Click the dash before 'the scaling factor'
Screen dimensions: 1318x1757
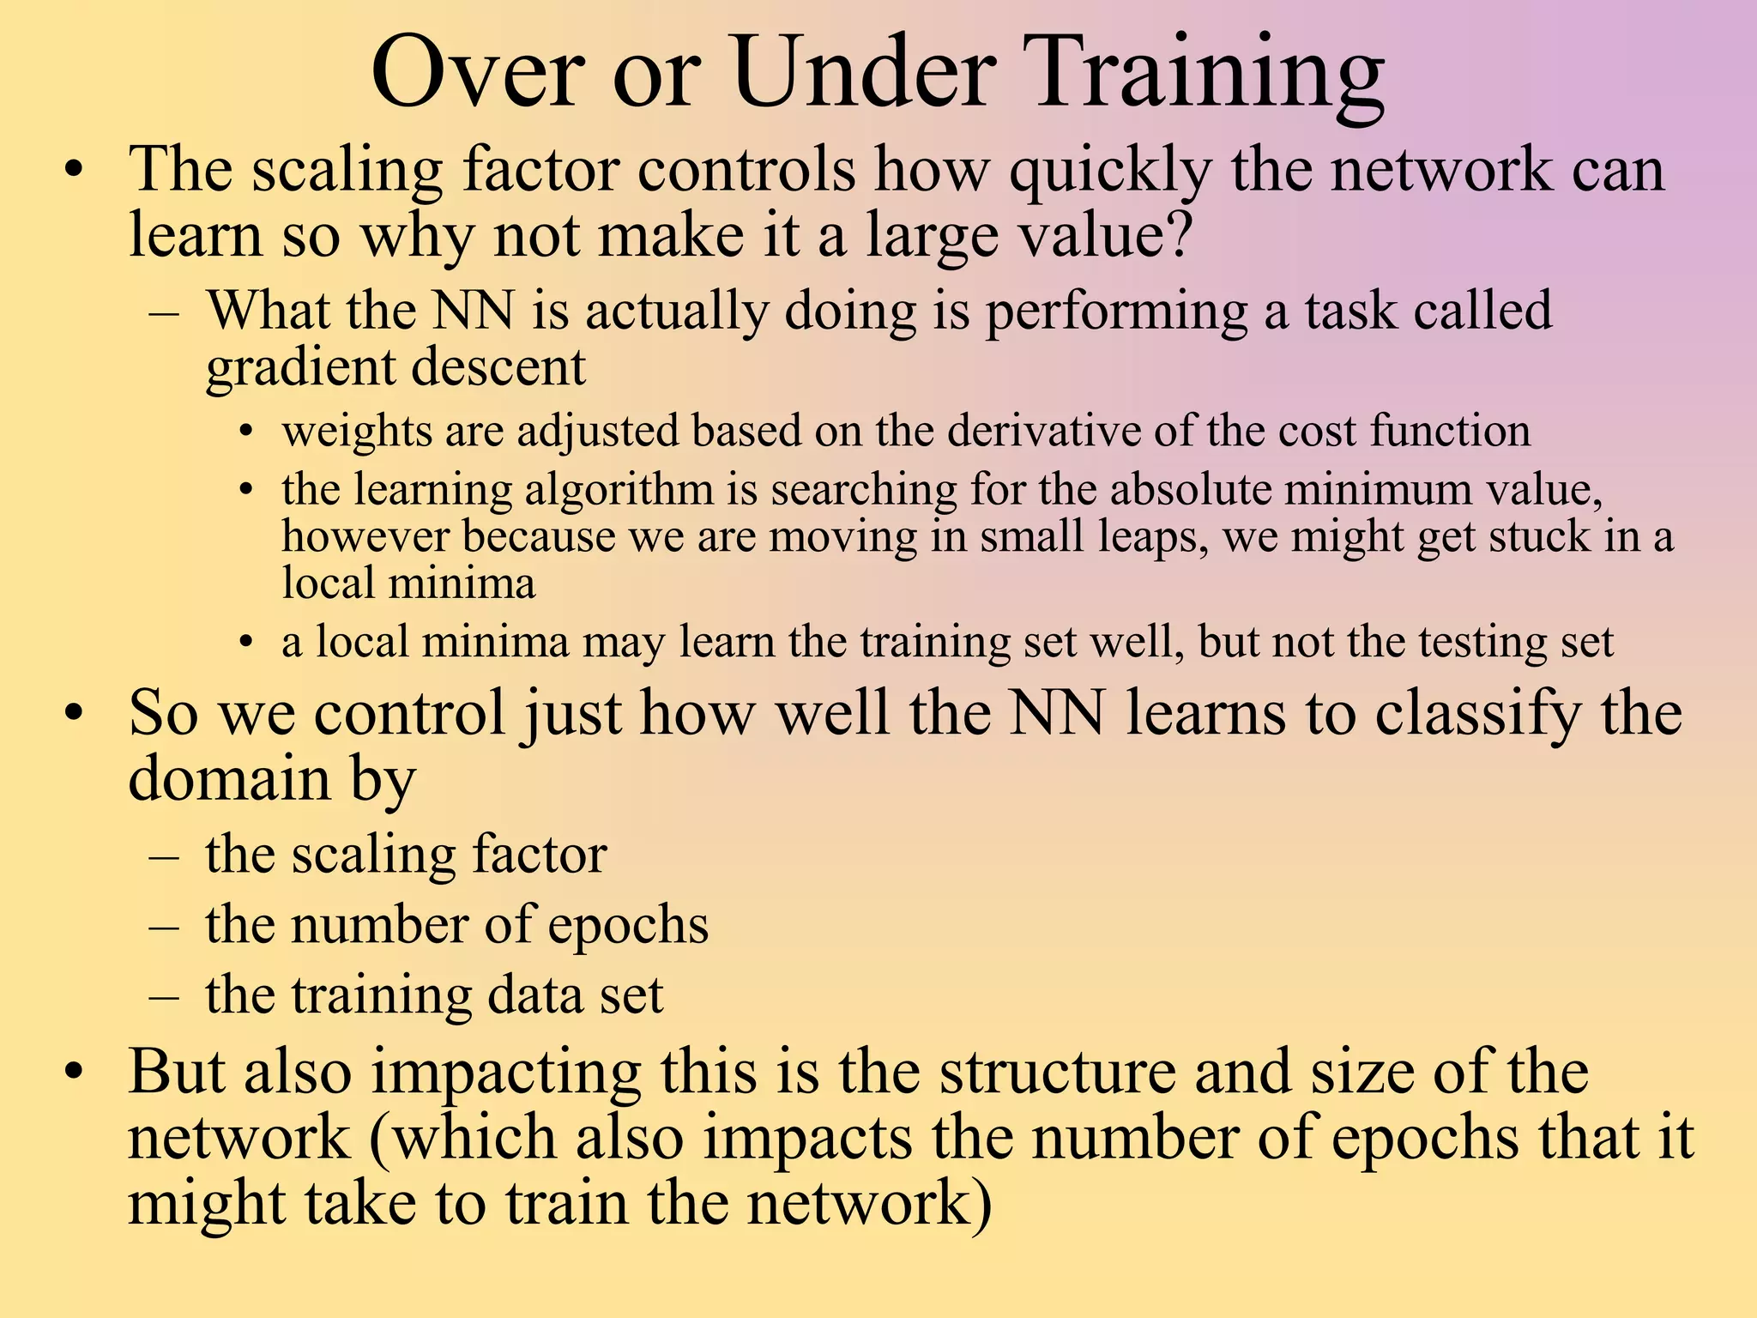[163, 856]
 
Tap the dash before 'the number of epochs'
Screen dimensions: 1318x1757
[163, 927]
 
